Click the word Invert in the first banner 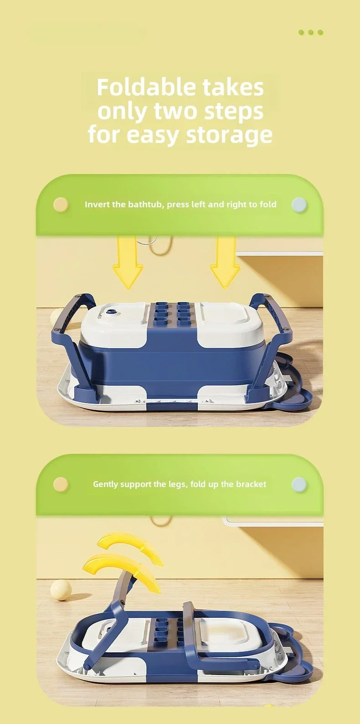(x=97, y=204)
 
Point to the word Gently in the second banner (x=105, y=484)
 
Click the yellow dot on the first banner (x=61, y=205)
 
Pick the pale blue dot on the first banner (x=299, y=205)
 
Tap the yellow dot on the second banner (x=61, y=484)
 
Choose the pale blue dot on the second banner (x=299, y=484)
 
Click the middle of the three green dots (x=311, y=32)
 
